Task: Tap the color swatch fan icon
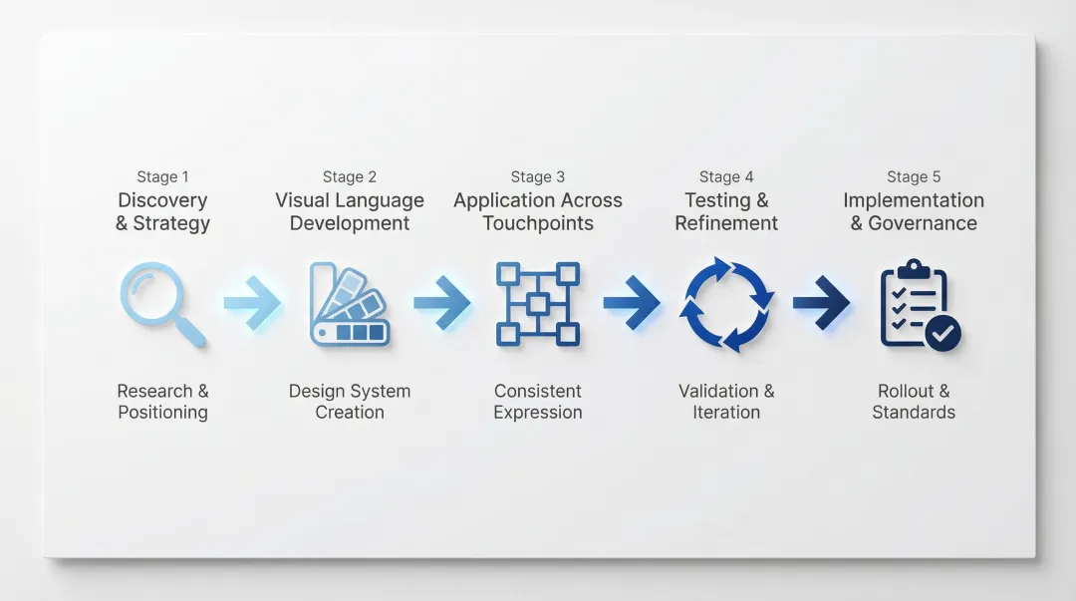[349, 303]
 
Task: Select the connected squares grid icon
[538, 303]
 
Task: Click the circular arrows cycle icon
[726, 304]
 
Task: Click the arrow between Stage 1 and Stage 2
[252, 302]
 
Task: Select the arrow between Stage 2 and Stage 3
[442, 302]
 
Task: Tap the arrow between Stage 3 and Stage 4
[631, 302]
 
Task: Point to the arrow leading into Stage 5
[821, 302]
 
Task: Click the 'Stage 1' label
[162, 176]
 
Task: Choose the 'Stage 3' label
[538, 176]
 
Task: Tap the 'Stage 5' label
[914, 176]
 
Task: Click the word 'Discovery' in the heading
[162, 200]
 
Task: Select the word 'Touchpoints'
[538, 223]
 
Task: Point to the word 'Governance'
[923, 223]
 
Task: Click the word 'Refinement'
[726, 223]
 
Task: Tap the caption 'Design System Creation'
[350, 402]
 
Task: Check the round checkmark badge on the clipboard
[942, 334]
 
